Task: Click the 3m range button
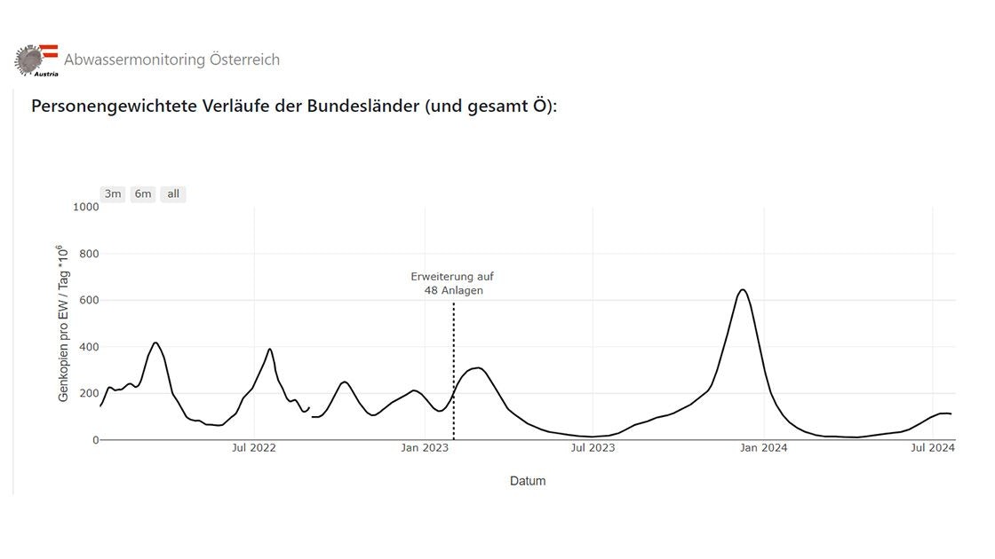click(x=113, y=194)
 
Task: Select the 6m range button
click(x=142, y=194)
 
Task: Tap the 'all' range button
click(x=173, y=194)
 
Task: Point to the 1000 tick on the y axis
click(x=86, y=208)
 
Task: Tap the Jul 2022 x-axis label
click(x=254, y=448)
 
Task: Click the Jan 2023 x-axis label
click(x=425, y=448)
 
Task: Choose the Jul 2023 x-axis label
click(x=593, y=448)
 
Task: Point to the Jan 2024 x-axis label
click(x=763, y=448)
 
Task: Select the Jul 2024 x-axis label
click(x=933, y=448)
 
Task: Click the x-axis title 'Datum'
click(x=528, y=481)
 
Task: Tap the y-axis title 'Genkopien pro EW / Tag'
click(x=64, y=323)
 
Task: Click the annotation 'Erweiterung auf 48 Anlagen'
click(x=453, y=284)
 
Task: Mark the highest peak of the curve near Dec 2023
click(x=743, y=290)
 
